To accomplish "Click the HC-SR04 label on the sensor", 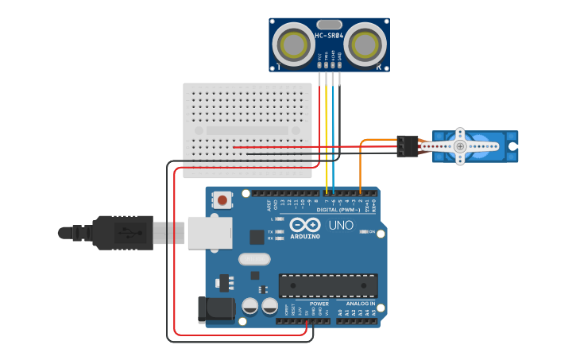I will [329, 36].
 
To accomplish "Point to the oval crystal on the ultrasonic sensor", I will [330, 25].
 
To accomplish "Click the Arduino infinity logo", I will [304, 226].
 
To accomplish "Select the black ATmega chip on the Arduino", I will [327, 286].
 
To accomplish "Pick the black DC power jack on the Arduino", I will [216, 310].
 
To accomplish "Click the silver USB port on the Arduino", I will [211, 233].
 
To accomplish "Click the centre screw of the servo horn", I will [460, 146].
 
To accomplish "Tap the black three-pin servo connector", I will [408, 145].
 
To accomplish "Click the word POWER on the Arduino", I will [319, 304].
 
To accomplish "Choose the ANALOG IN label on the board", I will [360, 304].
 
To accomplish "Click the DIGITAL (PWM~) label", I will [338, 210].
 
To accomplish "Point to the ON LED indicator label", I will [370, 231].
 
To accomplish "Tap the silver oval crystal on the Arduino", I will [254, 258].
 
